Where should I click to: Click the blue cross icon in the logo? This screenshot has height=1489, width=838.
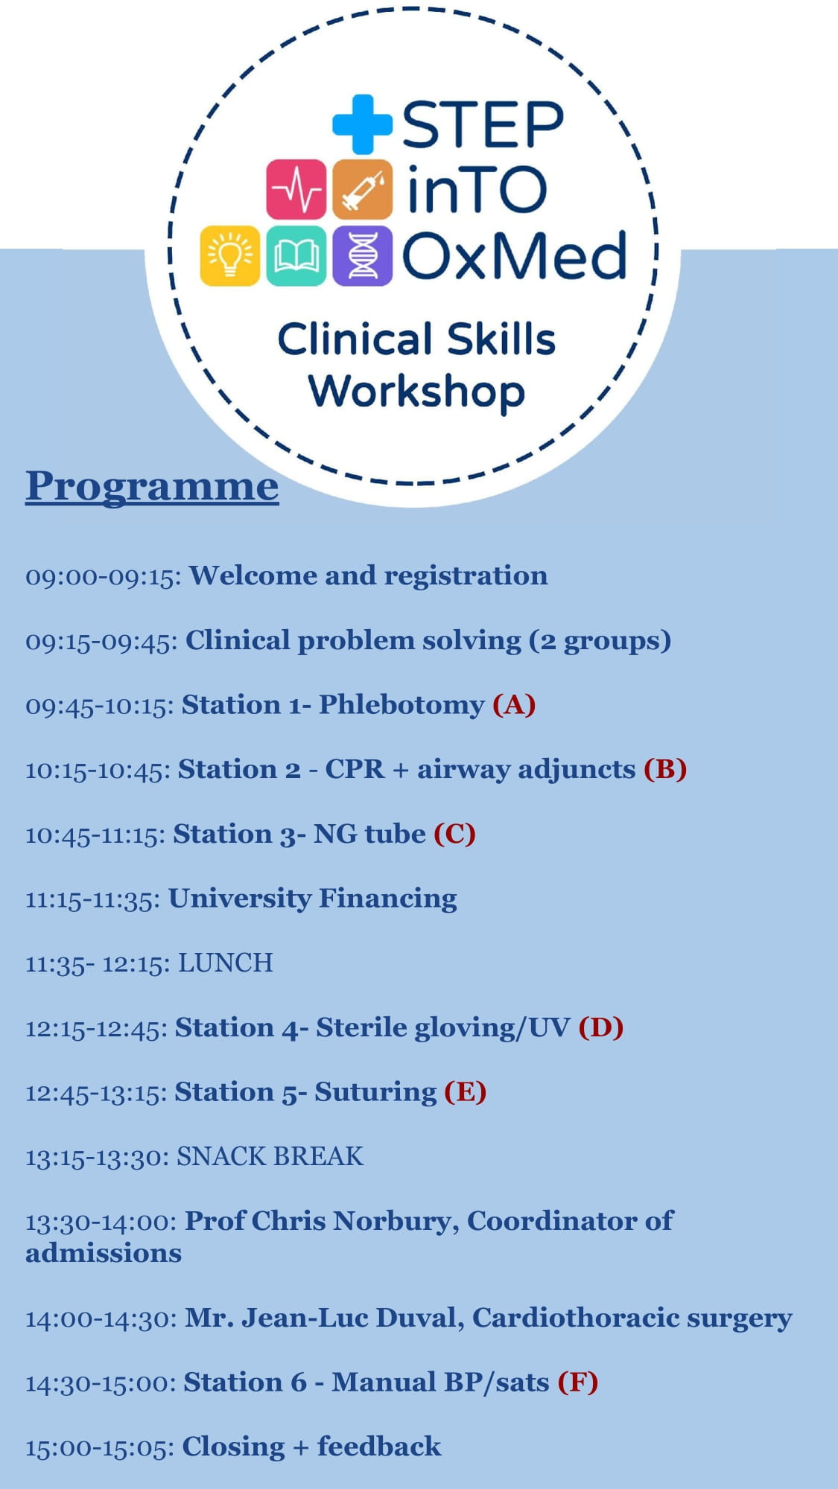362,124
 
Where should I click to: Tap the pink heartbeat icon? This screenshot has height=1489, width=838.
296,189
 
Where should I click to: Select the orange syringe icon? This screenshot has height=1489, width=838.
362,189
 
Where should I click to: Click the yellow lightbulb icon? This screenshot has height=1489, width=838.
230,255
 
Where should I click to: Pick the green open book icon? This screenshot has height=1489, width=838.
296,255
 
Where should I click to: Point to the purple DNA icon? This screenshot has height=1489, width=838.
362,255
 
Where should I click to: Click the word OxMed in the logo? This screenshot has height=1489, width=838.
514,255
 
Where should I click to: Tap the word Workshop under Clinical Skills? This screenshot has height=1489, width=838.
417,392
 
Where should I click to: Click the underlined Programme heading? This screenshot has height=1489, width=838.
152,486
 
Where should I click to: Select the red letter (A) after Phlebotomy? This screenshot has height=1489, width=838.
514,704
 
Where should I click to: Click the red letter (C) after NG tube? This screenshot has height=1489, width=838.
454,833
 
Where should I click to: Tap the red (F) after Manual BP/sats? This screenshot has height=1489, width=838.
578,1382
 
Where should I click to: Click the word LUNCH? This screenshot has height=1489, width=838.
225,963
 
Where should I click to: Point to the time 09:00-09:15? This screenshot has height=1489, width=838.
103,576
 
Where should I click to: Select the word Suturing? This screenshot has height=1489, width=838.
375,1091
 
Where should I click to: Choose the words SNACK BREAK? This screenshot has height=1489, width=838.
270,1156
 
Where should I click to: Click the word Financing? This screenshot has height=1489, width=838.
387,898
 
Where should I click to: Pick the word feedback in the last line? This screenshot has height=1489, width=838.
379,1447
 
